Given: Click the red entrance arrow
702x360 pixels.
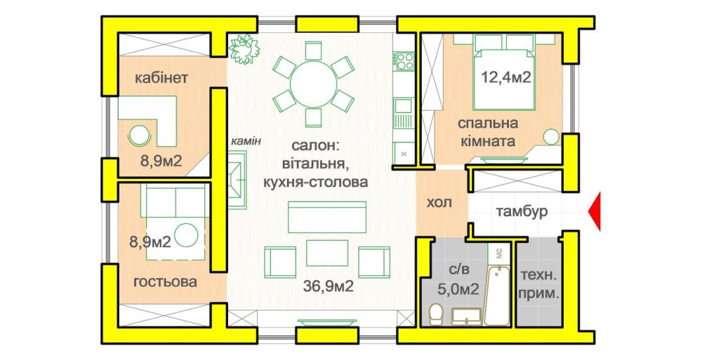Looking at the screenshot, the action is pos(594,211).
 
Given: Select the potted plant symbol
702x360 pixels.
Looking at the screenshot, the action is pos(244,48).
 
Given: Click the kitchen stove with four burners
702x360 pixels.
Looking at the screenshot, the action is pos(404,61).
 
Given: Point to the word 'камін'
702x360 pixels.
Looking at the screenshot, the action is pos(245,141).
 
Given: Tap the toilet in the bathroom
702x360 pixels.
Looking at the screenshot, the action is pos(435,314).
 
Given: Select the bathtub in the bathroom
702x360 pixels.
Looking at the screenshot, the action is pos(498,295).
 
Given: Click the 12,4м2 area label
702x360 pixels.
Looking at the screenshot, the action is pos(505,78).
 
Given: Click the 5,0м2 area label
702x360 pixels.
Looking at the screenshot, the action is pos(458,289).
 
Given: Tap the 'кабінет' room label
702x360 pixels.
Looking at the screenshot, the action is pos(161,79).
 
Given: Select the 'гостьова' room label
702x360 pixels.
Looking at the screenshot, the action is pos(165,282).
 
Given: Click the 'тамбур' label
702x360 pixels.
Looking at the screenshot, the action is pos(522,211).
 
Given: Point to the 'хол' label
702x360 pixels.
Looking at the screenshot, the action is pos(439,203).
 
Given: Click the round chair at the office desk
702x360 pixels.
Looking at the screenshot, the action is pos(139,135).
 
